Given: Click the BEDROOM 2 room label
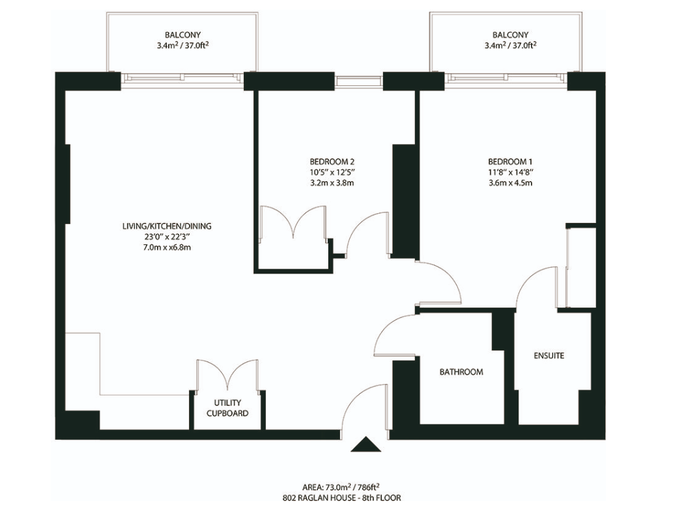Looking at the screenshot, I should (332, 162).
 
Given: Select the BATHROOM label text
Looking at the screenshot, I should (461, 372).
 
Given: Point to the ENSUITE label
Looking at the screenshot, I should (549, 356).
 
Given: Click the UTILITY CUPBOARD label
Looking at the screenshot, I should (227, 408).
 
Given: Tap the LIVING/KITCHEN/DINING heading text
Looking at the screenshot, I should (167, 226).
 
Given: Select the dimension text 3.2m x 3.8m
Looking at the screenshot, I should (332, 183).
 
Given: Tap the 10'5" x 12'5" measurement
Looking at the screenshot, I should (332, 172).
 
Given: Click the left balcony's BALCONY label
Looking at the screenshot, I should (182, 35).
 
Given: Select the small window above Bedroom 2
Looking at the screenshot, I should (359, 81).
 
